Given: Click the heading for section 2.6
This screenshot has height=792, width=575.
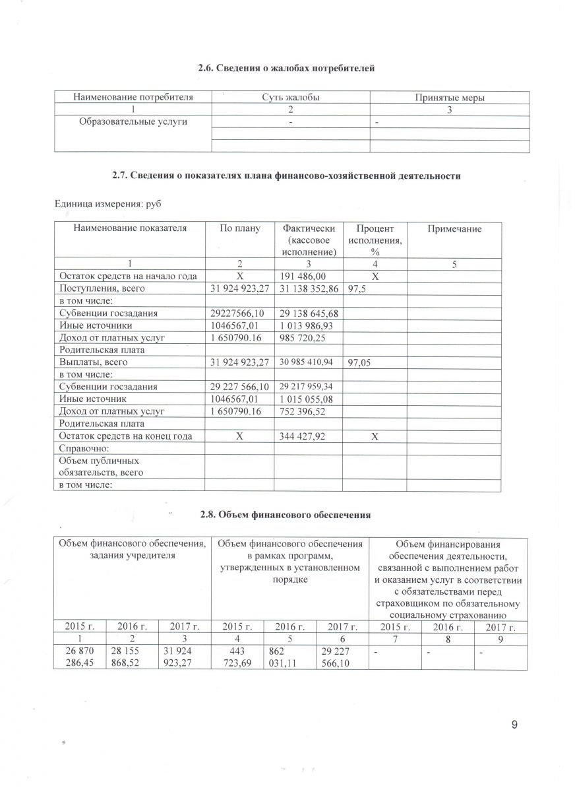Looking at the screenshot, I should point(287,69).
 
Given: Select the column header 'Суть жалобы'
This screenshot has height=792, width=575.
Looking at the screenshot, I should point(290,98).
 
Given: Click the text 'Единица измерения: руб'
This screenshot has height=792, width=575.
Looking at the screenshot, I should point(108,205).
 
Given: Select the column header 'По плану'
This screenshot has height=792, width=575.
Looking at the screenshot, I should point(239,229).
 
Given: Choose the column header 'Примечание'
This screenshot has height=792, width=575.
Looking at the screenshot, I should point(454,229).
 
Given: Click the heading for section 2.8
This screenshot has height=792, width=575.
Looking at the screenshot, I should point(287,515).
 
